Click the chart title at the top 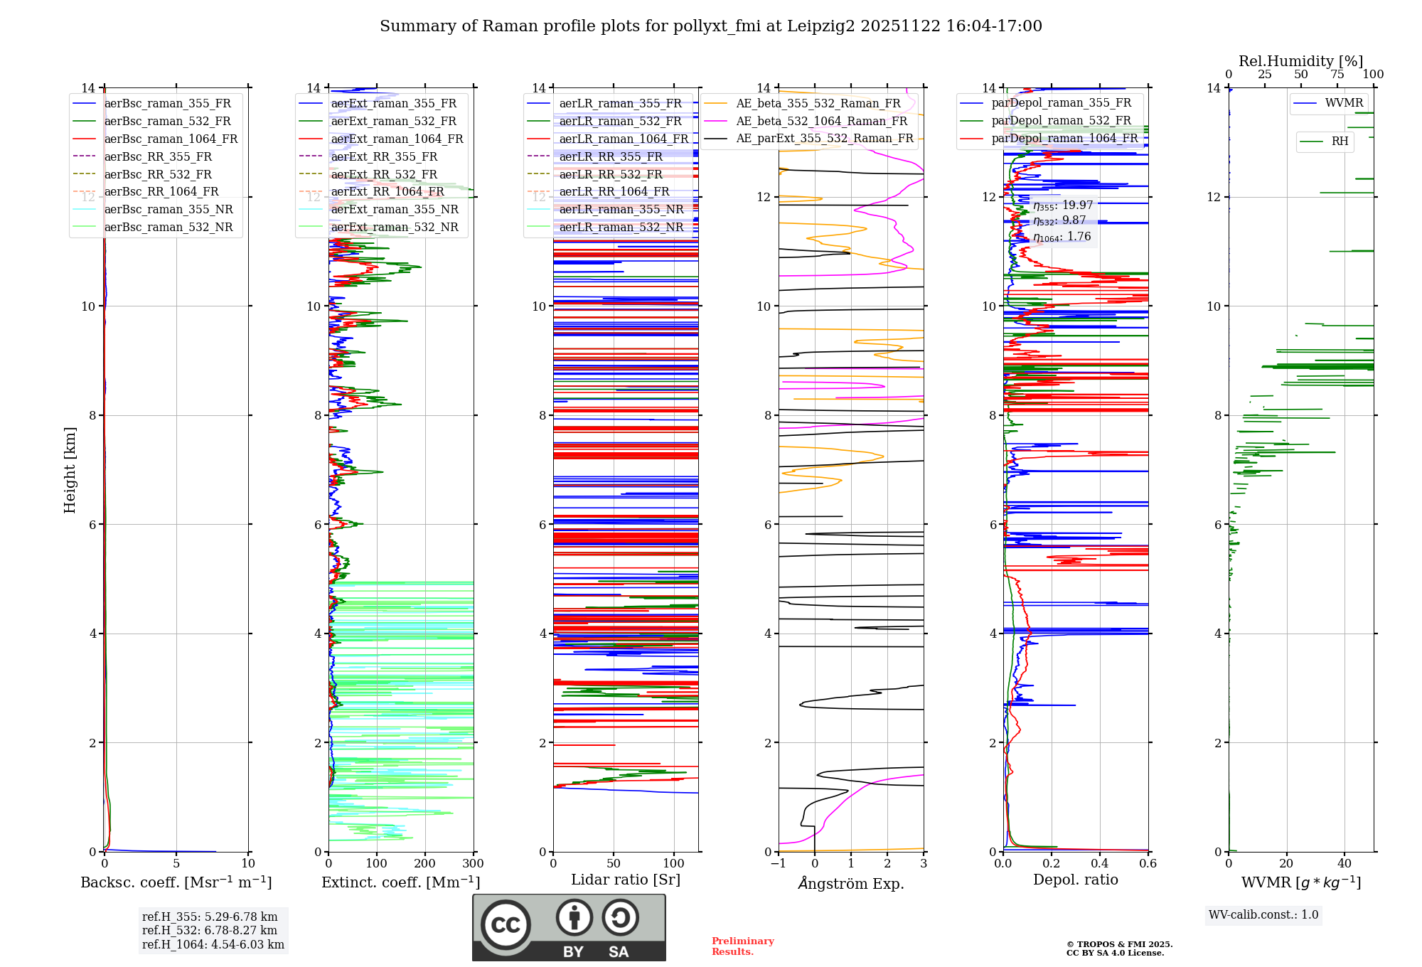(710, 26)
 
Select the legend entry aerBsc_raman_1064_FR (171, 139)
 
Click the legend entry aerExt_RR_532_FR (384, 174)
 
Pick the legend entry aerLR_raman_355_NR (621, 209)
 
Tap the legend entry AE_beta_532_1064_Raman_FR (821, 121)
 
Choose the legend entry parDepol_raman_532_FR (1061, 121)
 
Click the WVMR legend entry (1344, 103)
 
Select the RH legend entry (1340, 141)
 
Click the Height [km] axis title (70, 470)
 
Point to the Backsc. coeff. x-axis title (176, 882)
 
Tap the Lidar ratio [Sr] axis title (626, 880)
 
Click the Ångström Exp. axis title (851, 884)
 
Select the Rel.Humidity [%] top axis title (1300, 61)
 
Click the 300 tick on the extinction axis (474, 864)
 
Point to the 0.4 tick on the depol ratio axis (1100, 864)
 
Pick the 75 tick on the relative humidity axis (1337, 75)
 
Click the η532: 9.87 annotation (1059, 221)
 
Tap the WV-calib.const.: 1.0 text (1263, 915)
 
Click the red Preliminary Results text (742, 946)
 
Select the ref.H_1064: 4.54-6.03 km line (213, 945)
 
